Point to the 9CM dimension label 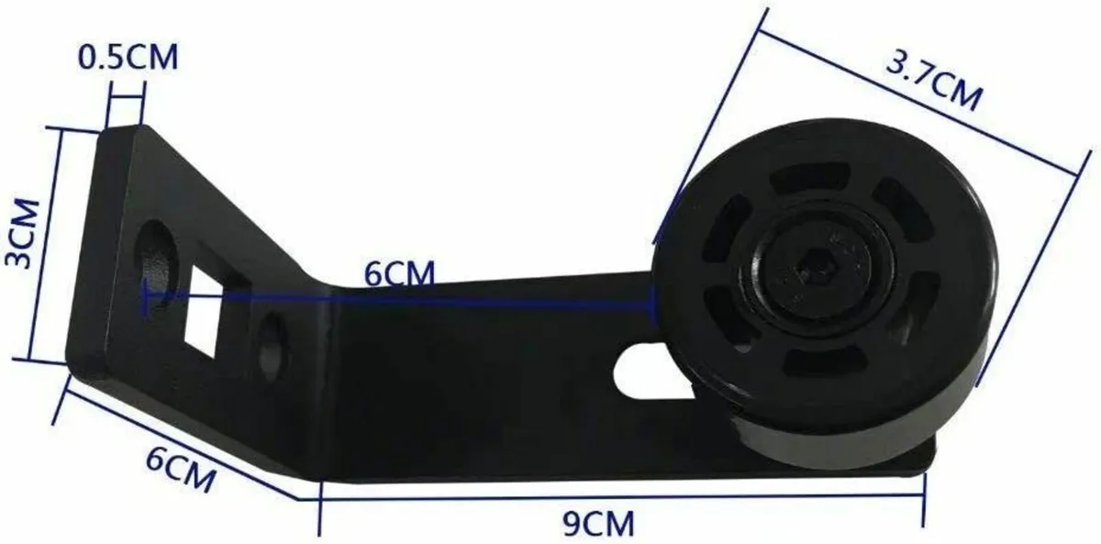pyautogui.click(x=596, y=525)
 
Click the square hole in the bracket pyautogui.click(x=204, y=311)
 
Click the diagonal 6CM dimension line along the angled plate pyautogui.click(x=183, y=439)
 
